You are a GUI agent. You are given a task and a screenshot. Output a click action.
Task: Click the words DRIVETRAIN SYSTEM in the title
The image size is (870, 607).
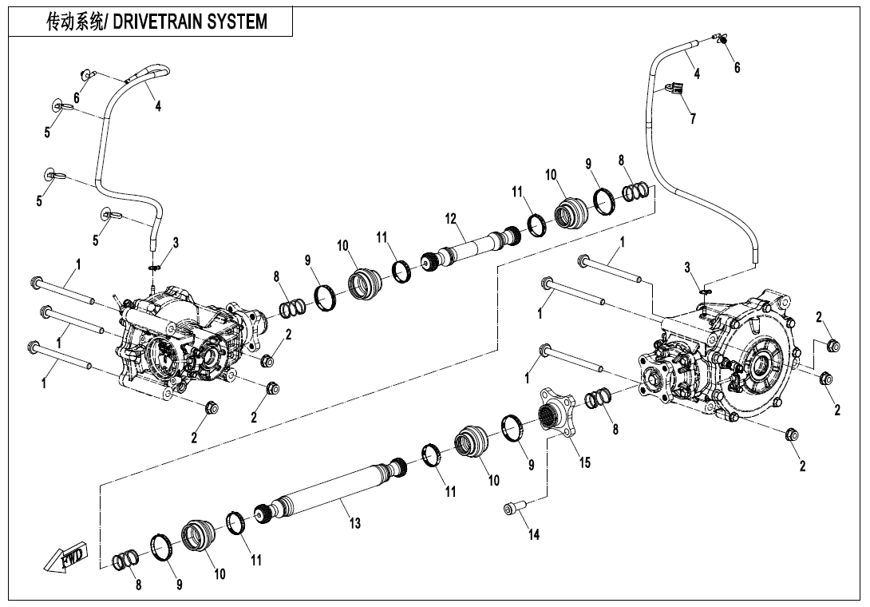(191, 22)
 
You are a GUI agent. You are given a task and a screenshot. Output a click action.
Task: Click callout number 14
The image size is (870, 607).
(534, 534)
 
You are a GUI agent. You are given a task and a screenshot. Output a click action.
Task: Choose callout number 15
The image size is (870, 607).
(585, 462)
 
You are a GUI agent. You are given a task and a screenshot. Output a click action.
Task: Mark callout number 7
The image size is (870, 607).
(692, 119)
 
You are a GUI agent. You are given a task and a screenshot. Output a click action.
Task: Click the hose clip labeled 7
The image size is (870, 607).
(674, 89)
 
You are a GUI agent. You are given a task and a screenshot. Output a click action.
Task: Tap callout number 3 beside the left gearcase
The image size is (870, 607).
(176, 243)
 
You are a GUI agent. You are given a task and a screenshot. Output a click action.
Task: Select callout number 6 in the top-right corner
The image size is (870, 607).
(737, 68)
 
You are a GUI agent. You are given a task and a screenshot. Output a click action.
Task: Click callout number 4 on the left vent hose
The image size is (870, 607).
(158, 106)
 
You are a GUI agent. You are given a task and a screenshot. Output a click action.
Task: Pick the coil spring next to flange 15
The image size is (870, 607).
(598, 397)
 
